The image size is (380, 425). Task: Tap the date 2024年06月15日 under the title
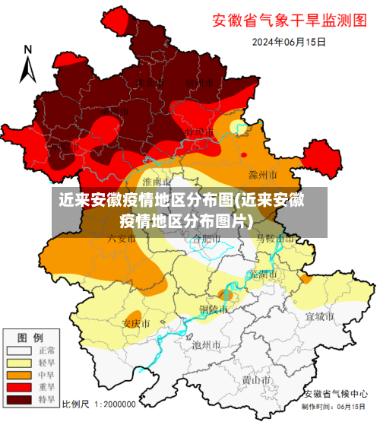tap(289, 42)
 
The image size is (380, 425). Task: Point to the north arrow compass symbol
tap(28, 65)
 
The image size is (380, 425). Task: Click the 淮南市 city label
tap(158, 182)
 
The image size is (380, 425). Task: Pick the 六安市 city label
tap(106, 239)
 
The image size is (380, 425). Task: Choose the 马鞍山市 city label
tap(274, 239)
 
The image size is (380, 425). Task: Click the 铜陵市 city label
tap(213, 309)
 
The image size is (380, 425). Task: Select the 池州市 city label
tap(206, 344)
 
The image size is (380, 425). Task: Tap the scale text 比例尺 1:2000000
tap(99, 404)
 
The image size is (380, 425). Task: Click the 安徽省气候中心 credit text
tap(334, 393)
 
